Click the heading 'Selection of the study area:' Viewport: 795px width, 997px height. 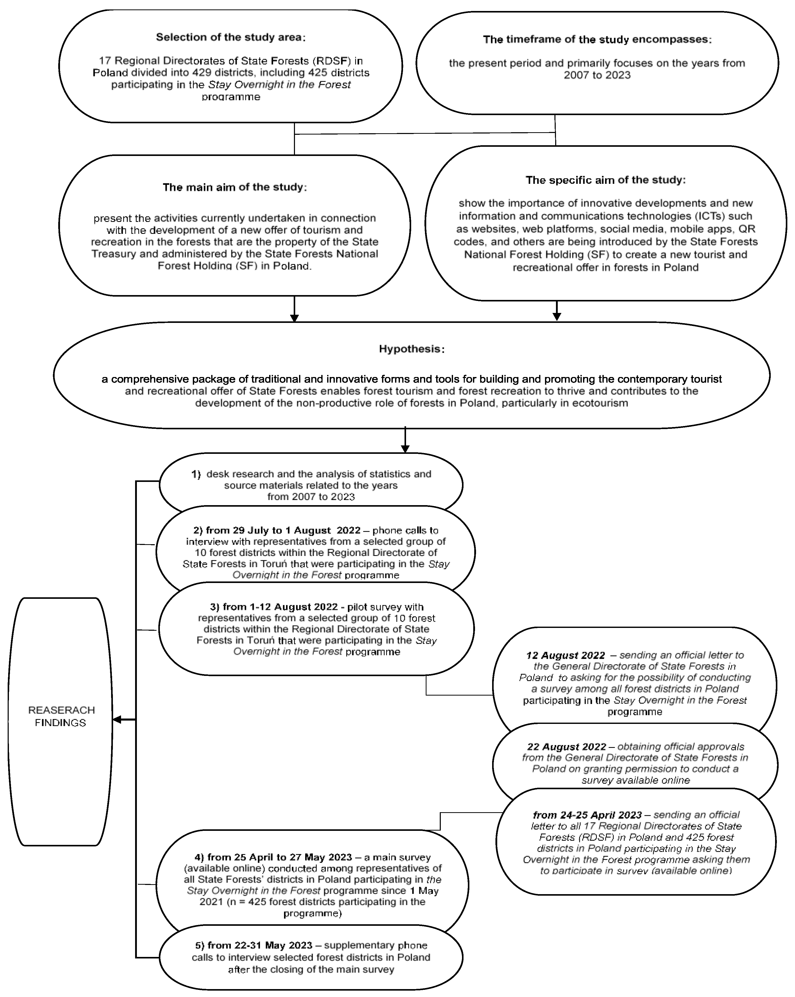coord(230,37)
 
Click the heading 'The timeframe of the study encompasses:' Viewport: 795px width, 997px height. coord(597,39)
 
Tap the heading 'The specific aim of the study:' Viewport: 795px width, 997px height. coord(605,180)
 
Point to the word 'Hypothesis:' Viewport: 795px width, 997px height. coord(411,349)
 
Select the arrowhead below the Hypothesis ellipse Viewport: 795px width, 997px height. coord(405,448)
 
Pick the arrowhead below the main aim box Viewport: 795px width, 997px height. coord(294,318)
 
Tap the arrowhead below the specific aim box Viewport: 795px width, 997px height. coord(557,316)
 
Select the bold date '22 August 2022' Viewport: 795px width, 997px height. coord(566,747)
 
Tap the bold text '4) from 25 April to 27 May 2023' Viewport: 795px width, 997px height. coord(273,857)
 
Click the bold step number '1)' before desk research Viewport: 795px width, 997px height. coord(196,474)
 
